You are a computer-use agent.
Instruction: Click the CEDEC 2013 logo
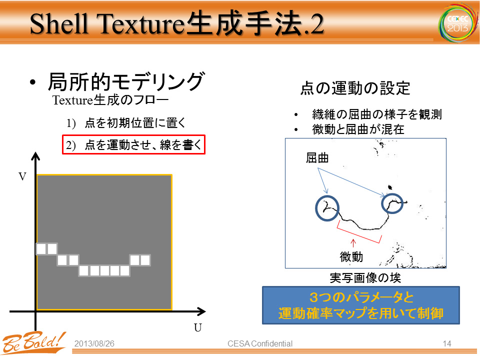[x=458, y=23]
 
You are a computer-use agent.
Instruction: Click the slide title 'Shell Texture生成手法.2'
[x=176, y=24]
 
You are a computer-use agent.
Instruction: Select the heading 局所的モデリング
[x=126, y=81]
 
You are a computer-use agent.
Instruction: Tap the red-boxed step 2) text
[x=134, y=144]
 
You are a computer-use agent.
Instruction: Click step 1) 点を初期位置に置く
[x=126, y=123]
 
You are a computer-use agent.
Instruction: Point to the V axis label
[x=22, y=176]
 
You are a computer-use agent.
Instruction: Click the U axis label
[x=198, y=328]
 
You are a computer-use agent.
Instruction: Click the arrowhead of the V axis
[x=35, y=156]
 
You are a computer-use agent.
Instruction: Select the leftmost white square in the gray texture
[x=41, y=249]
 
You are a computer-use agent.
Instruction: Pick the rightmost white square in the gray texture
[x=145, y=260]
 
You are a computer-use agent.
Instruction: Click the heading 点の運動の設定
[x=355, y=88]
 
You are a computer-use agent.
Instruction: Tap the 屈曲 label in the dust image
[x=317, y=158]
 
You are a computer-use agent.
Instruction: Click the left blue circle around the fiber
[x=316, y=208]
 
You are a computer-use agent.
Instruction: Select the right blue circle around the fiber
[x=382, y=203]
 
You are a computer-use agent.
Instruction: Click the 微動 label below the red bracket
[x=351, y=256]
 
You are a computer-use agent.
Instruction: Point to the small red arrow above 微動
[x=353, y=243]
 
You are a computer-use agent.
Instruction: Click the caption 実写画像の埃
[x=365, y=277]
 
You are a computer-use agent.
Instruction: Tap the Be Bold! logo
[x=33, y=343]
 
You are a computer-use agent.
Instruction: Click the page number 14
[x=447, y=344]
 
